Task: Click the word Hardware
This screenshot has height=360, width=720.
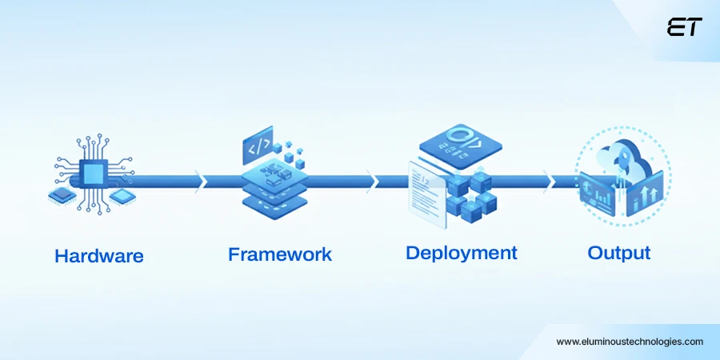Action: [99, 256]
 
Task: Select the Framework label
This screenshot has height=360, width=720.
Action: [280, 254]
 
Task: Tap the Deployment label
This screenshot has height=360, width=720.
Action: [462, 253]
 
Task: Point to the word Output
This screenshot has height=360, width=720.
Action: [619, 253]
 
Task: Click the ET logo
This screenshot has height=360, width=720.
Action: [684, 28]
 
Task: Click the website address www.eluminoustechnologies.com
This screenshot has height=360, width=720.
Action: [630, 341]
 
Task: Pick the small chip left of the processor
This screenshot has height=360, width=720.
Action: [62, 194]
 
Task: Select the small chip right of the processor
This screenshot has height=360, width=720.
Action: [121, 194]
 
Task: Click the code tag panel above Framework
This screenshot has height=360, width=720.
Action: [258, 148]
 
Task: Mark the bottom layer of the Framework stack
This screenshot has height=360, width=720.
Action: [274, 203]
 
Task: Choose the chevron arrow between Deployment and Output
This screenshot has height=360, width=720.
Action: [548, 181]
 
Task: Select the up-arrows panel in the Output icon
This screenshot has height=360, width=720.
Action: [645, 193]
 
